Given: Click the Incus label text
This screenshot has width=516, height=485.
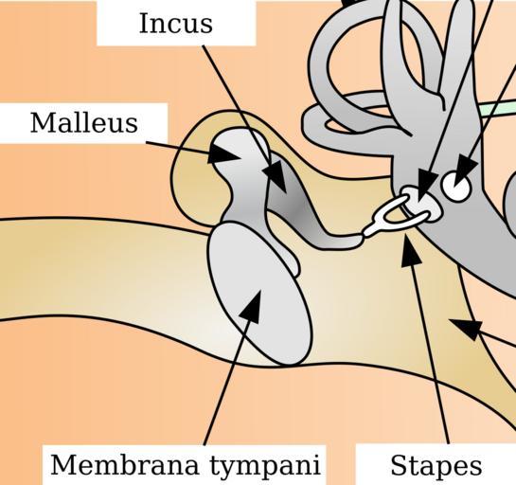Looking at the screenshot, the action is coord(176,24).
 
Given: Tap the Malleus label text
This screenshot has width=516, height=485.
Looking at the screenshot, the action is coord(84,123).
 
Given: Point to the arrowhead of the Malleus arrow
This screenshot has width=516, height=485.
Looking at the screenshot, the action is coord(222,154).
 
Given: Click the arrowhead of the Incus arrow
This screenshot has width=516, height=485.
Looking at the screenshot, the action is coord(275,175).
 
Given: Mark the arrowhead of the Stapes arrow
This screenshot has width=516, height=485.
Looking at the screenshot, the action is coord(410,250).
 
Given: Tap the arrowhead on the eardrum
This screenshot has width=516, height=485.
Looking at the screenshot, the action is coord(252,306).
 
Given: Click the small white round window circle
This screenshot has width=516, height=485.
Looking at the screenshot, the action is coord(456,187).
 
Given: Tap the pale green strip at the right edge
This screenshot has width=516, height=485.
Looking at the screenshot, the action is coord(498,107).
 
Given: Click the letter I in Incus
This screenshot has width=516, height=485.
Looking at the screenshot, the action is coord(144,24).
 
